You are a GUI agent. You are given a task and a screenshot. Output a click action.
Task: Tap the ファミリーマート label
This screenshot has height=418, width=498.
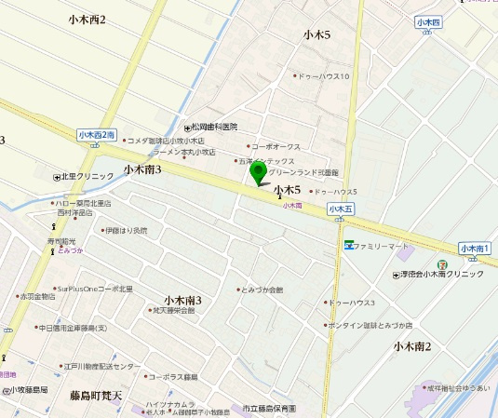(382, 246)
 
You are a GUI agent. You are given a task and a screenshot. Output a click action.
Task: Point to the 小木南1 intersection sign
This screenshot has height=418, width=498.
(475, 249)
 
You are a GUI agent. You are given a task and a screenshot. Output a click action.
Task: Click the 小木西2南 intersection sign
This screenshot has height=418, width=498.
(97, 135)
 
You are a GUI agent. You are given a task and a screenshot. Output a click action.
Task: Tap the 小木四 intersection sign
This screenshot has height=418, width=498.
(428, 21)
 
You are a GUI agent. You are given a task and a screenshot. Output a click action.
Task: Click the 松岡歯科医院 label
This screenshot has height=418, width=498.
(215, 126)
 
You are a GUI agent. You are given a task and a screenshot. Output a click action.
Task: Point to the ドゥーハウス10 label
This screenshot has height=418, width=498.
(323, 76)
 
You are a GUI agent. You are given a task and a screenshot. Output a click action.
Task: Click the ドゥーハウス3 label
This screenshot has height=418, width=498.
(353, 303)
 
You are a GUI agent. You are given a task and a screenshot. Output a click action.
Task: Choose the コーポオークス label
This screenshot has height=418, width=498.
(276, 146)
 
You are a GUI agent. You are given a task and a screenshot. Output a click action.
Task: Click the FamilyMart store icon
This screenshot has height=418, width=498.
(349, 246)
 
